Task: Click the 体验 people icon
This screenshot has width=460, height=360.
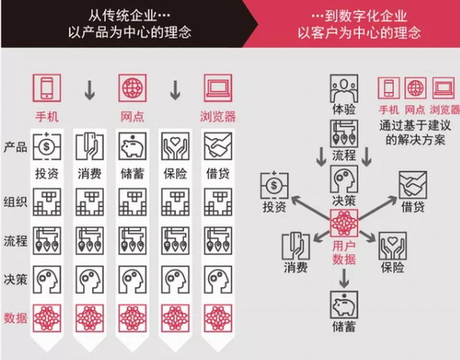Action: (x=344, y=88)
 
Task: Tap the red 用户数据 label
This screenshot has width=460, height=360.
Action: (x=344, y=253)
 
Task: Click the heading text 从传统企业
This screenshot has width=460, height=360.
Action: (x=122, y=15)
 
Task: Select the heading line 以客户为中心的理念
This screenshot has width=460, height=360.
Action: (x=359, y=33)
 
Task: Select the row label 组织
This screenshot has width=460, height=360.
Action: (x=15, y=202)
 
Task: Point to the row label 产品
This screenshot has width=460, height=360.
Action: (x=15, y=147)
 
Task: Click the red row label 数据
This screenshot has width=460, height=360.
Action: (x=15, y=318)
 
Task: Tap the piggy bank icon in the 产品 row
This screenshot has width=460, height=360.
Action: (x=132, y=146)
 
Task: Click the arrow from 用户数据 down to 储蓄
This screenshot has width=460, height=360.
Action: (x=344, y=278)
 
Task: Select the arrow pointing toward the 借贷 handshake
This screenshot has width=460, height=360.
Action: (x=378, y=208)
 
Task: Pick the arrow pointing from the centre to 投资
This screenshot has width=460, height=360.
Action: (x=310, y=208)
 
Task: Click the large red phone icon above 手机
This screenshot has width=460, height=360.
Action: (x=47, y=88)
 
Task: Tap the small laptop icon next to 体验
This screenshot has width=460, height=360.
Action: (x=443, y=88)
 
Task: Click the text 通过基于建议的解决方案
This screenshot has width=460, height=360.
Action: (x=415, y=133)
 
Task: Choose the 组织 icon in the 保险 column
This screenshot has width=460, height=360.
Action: (x=175, y=202)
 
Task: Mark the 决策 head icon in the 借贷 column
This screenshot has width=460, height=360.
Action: (x=218, y=280)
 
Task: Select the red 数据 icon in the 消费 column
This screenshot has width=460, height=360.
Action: (x=90, y=318)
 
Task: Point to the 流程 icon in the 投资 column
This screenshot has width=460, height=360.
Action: (x=47, y=240)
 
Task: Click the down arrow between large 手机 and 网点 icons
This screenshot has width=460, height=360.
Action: (x=90, y=90)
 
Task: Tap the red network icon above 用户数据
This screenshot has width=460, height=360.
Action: (x=344, y=224)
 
